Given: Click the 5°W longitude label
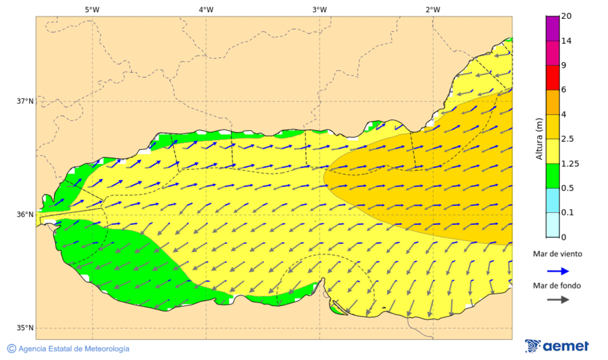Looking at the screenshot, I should click(92, 9).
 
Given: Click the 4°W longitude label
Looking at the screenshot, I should click(206, 9).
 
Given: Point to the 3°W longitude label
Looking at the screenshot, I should click(320, 9).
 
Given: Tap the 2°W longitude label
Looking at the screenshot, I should click(433, 9).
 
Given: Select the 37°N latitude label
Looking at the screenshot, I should click(25, 101).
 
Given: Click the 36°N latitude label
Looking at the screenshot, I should click(25, 215).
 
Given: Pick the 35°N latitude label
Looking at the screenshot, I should click(25, 328).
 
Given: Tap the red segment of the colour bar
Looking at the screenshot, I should click(553, 77).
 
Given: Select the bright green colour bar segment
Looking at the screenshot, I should click(553, 176).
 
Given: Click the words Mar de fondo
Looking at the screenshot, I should click(556, 286).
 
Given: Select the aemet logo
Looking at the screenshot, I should click(557, 346).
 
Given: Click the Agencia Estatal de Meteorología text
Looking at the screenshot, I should click(74, 349).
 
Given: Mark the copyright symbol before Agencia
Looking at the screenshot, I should click(11, 349).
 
